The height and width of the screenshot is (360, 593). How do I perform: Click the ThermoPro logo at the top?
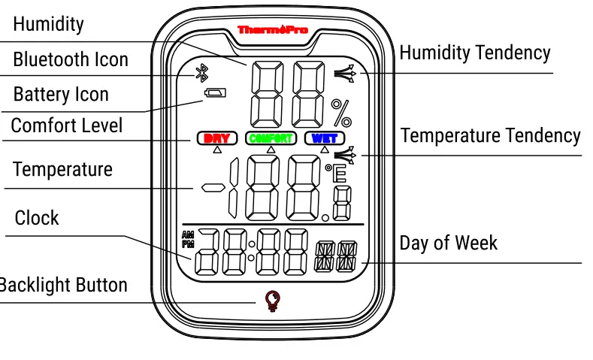tap(272, 29)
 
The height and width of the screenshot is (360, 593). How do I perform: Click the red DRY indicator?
tap(217, 138)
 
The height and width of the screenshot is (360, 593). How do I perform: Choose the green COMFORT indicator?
tap(271, 138)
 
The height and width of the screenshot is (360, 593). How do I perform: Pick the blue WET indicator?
tap(324, 138)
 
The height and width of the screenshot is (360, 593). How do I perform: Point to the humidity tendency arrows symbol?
tap(344, 73)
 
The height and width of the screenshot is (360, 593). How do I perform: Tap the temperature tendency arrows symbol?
tap(344, 156)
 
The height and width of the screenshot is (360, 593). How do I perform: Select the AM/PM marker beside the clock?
tap(187, 239)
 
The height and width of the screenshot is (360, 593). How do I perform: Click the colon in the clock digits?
tap(253, 253)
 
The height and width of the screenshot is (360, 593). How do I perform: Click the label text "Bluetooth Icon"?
tap(71, 59)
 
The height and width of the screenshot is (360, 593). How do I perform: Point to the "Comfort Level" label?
tap(67, 125)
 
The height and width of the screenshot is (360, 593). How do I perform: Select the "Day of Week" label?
tap(448, 243)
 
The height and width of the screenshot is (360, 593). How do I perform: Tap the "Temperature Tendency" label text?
tap(490, 136)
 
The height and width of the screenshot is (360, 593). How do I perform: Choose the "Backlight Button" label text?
tap(63, 286)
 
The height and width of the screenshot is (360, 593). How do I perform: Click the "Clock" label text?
tap(37, 218)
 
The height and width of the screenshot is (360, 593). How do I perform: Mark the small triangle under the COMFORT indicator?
tap(271, 150)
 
